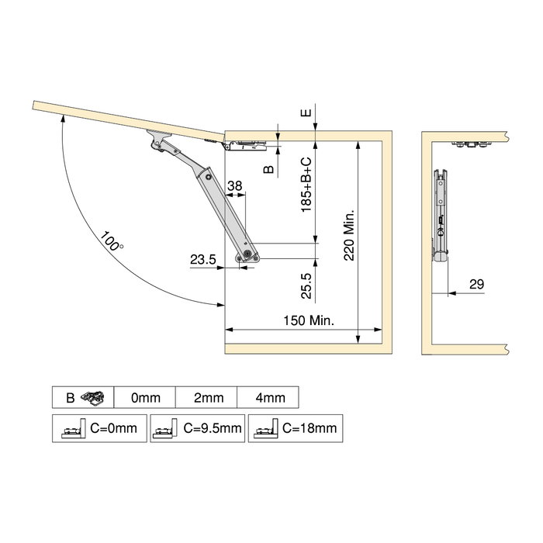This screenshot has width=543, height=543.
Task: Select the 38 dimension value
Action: [x=235, y=185]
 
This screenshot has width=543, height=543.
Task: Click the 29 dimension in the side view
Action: [x=476, y=285]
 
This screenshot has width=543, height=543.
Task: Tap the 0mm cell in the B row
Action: [x=145, y=398]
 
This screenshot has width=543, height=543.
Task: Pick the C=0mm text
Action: [x=114, y=427]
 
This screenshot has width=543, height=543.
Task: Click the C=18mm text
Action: [x=309, y=427]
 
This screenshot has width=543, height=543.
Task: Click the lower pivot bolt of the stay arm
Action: [x=247, y=254]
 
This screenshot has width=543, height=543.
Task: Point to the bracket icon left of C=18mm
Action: [x=265, y=428]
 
